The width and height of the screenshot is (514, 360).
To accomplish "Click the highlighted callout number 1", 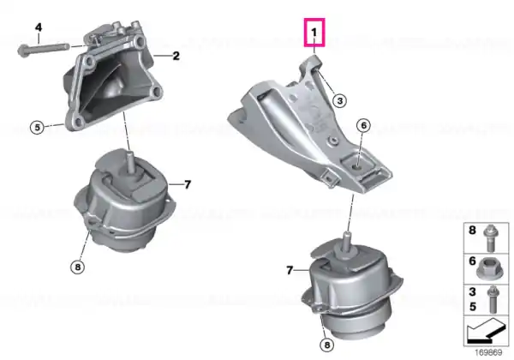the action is [314, 33].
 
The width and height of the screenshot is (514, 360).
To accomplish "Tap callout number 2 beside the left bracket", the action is [176, 56].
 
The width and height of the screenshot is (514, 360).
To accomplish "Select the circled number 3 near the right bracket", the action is [339, 100].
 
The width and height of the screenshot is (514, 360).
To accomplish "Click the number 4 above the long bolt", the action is [39, 27].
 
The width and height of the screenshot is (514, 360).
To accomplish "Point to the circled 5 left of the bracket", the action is [37, 127].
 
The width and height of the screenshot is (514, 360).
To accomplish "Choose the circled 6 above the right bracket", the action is [363, 125].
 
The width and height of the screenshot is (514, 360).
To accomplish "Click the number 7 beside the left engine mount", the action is [187, 184].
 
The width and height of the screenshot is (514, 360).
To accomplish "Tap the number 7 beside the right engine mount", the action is [290, 271].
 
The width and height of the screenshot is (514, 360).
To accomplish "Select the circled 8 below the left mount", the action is [77, 267].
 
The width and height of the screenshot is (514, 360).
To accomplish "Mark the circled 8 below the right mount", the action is [327, 345].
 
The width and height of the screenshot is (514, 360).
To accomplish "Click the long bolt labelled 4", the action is [44, 50].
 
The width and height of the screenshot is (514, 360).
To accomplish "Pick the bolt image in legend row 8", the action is [491, 238].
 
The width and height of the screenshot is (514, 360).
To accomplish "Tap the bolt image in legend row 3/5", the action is [493, 299].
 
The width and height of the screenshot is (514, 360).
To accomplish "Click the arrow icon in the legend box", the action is [486, 331].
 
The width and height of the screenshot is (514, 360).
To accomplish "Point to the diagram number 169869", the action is [488, 353].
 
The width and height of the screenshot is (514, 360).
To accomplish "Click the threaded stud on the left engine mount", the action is [130, 160].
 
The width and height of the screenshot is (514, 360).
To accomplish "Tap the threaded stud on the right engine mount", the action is [346, 242].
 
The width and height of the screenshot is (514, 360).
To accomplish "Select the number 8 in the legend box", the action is [472, 231].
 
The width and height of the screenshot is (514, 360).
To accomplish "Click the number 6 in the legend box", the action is [472, 261].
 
